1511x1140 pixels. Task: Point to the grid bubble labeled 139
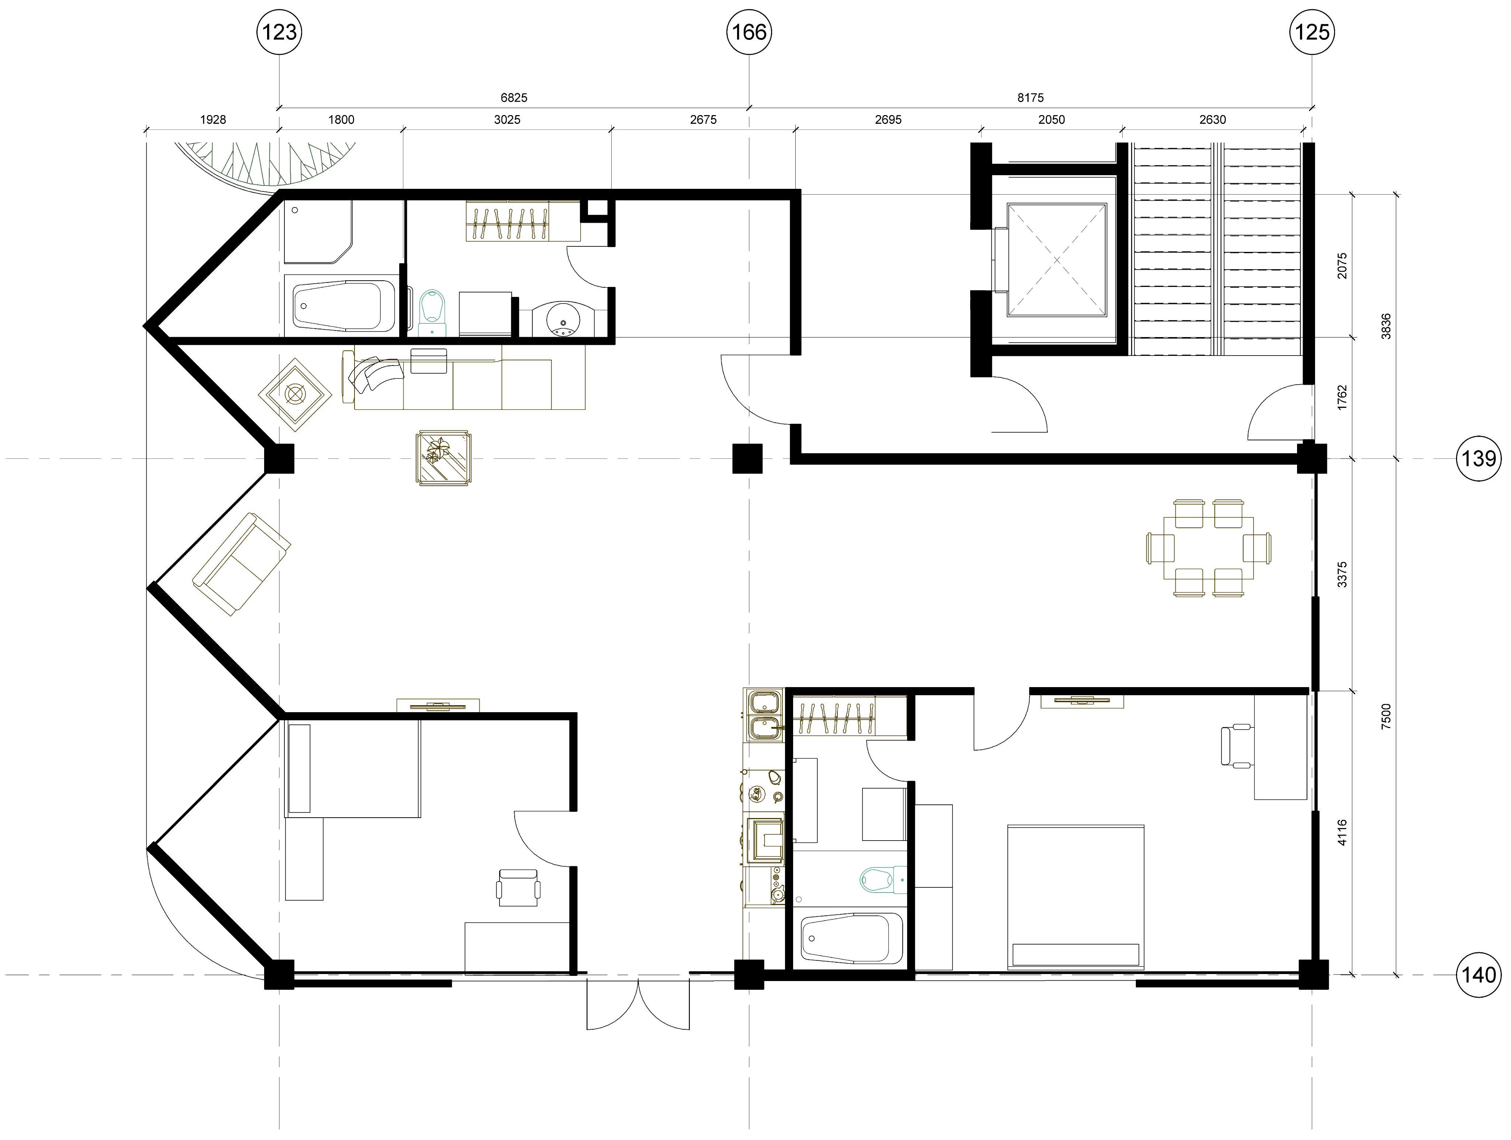pyautogui.click(x=1480, y=458)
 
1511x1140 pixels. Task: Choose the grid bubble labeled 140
pyautogui.click(x=1480, y=975)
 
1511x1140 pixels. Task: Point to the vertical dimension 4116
pyautogui.click(x=1342, y=833)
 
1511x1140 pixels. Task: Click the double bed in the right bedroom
pyautogui.click(x=1076, y=897)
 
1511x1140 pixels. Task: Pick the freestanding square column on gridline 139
pyautogui.click(x=747, y=458)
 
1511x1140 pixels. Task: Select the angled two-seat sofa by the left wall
pyautogui.click(x=241, y=564)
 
